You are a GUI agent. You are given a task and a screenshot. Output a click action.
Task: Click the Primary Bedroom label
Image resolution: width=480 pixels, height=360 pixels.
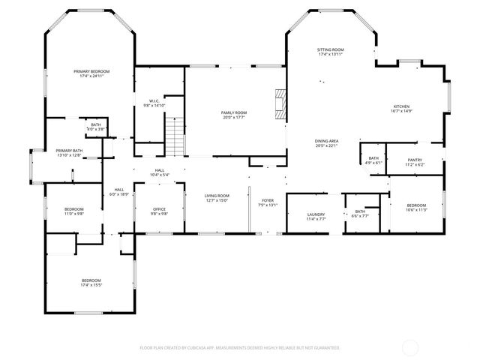click(x=88, y=72)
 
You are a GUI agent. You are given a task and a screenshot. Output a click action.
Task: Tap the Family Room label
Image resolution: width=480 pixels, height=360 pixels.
click(x=233, y=112)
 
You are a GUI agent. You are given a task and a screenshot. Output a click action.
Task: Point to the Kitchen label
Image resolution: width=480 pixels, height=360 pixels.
click(x=401, y=107)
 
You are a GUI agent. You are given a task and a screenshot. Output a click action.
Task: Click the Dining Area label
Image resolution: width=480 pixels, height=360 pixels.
click(x=326, y=141)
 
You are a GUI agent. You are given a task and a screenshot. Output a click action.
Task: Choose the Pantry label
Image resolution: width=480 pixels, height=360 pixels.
click(x=415, y=160)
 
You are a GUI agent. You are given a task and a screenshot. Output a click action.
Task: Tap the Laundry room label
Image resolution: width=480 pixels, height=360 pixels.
click(x=316, y=214)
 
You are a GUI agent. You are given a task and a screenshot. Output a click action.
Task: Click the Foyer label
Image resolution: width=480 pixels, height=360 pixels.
click(x=267, y=200)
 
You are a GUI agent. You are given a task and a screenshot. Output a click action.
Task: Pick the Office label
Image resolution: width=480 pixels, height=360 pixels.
click(x=159, y=208)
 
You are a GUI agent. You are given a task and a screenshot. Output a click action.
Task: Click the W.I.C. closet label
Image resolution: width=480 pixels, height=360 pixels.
click(x=153, y=101)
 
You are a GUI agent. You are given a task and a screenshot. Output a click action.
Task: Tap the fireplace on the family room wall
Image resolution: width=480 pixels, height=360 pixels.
click(x=280, y=103)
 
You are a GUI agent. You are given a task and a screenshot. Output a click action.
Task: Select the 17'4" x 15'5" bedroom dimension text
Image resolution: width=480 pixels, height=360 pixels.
click(x=91, y=285)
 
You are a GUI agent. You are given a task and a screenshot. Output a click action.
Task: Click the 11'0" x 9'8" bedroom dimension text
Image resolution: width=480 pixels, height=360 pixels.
click(x=73, y=214)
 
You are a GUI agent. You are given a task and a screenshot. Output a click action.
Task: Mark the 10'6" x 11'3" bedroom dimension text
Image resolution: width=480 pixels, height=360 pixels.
click(x=416, y=210)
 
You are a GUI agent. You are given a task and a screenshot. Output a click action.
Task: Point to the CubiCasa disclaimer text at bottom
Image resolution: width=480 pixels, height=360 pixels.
click(x=240, y=348)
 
